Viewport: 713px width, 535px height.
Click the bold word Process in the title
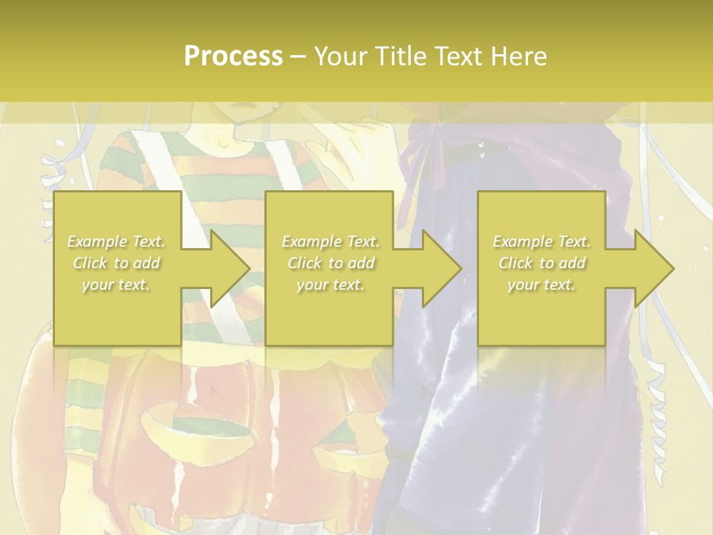click(233, 56)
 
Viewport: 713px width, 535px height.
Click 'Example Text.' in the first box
click(116, 241)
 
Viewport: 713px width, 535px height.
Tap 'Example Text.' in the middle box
click(330, 241)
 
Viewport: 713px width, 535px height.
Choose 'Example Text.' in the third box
click(541, 241)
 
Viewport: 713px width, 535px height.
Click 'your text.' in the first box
click(116, 285)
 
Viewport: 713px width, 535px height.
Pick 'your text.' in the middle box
click(330, 285)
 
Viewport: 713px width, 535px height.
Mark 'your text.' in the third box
click(541, 285)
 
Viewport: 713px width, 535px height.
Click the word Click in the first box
click(91, 263)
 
